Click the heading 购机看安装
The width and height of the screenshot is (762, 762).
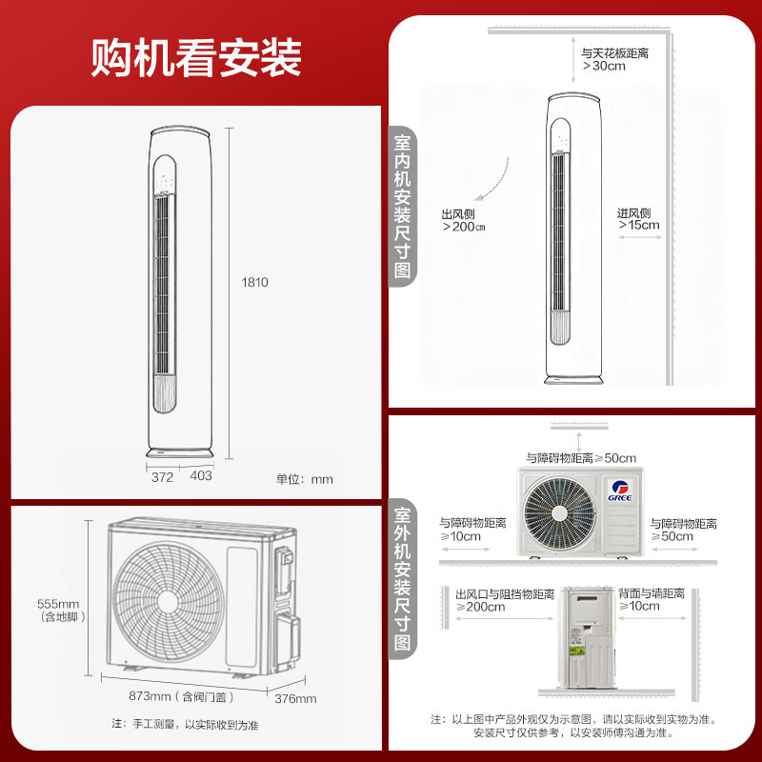tap(196, 57)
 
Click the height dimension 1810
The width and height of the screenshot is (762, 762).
tap(254, 282)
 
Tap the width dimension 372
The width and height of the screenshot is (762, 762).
tap(162, 477)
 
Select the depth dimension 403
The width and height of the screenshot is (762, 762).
tap(201, 475)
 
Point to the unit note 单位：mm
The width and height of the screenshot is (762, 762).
tap(305, 479)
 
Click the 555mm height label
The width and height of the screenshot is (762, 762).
tap(58, 604)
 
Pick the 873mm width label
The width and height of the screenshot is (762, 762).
tap(150, 696)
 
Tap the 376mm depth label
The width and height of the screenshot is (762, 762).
tap(295, 699)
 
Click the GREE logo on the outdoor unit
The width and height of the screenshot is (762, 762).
tap(620, 491)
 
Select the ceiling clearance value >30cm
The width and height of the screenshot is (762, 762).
tap(604, 66)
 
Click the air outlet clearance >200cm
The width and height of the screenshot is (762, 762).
tap(464, 227)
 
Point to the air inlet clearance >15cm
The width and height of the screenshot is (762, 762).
tap(639, 225)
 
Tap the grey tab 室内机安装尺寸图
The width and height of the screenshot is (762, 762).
tap(402, 207)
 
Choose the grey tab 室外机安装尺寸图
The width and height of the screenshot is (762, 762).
tap(402, 579)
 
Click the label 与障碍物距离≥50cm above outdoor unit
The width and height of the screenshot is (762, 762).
tap(581, 458)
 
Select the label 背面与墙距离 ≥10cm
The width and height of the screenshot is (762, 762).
tap(652, 600)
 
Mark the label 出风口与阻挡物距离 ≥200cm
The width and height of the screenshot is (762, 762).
tap(505, 601)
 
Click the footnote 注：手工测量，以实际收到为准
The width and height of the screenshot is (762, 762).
tap(185, 725)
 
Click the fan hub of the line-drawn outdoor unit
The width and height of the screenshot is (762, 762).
tap(169, 601)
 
